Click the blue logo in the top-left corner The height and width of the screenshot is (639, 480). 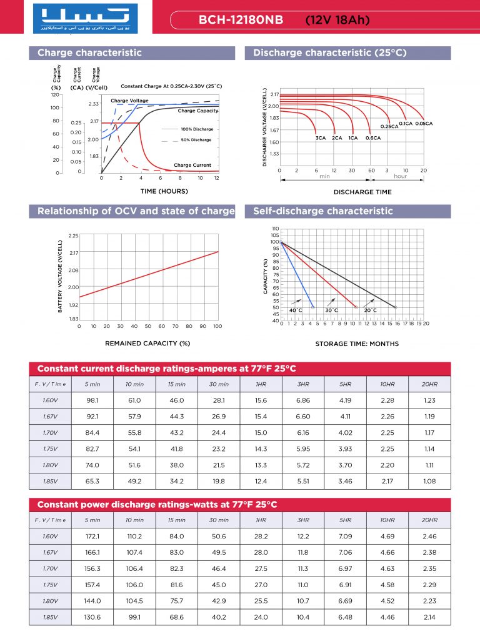85,19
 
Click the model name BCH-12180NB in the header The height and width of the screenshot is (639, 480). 241,20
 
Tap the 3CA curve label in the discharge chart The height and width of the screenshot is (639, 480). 321,138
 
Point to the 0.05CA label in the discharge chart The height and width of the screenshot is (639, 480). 424,124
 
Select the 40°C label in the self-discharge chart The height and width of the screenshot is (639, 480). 296,310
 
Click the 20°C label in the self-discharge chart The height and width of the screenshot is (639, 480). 370,310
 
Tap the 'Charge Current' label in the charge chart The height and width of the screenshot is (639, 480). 192,165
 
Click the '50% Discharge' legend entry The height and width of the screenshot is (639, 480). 196,140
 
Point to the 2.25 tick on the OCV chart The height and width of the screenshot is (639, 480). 73,236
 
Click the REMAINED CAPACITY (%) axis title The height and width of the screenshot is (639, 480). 147,344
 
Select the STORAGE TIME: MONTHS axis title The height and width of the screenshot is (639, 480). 357,344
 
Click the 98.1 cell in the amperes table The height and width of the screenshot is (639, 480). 92,400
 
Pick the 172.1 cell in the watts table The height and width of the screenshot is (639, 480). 92,537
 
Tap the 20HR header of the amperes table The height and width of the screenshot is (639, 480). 429,384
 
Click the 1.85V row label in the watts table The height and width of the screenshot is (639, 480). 50,617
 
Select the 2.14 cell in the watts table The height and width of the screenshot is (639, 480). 429,617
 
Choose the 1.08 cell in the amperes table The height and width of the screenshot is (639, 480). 429,482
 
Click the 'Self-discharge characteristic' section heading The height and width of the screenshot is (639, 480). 323,211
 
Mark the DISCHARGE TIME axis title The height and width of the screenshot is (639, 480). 362,192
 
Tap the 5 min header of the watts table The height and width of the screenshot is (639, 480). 92,520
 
